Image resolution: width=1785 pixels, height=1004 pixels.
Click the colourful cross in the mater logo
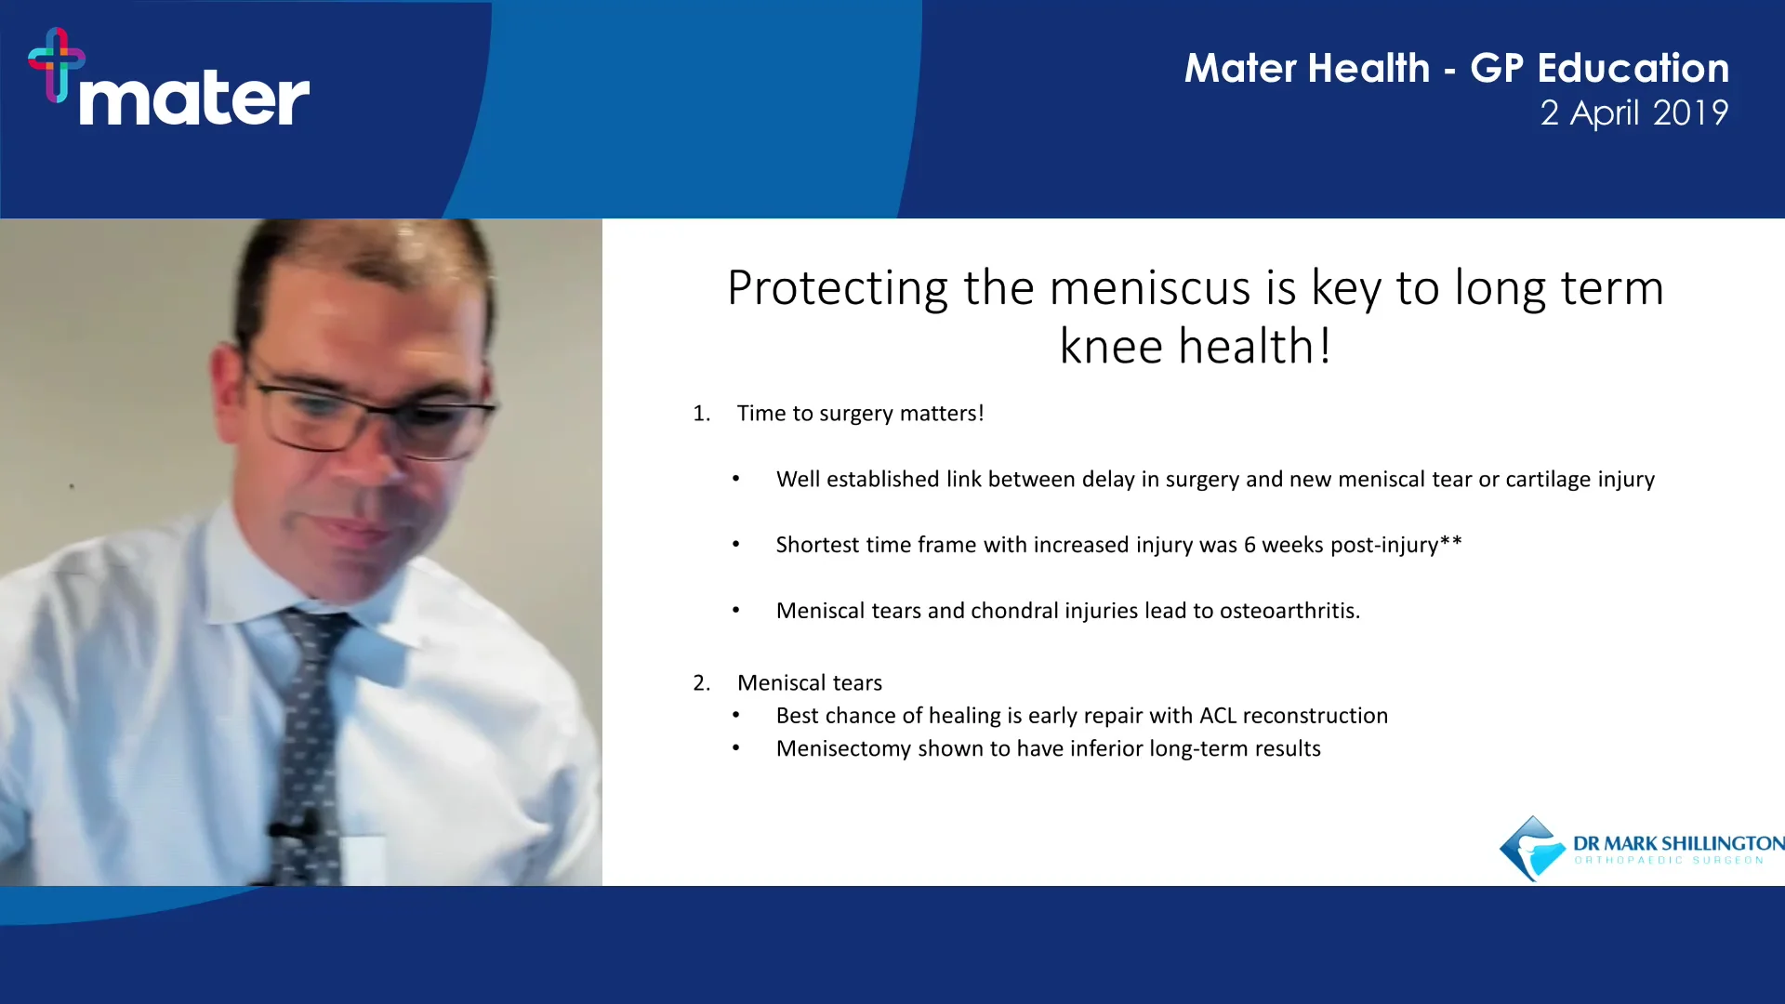click(57, 63)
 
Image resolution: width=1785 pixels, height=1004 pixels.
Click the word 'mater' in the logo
click(193, 99)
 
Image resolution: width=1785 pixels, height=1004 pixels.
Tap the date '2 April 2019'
click(1633, 113)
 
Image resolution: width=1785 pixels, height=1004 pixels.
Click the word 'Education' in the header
click(1633, 69)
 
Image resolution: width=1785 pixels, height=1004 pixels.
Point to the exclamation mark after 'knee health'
click(1325, 347)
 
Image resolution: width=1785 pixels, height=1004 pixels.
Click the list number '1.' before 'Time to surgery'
click(701, 414)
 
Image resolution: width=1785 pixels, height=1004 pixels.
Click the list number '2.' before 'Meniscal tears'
click(701, 683)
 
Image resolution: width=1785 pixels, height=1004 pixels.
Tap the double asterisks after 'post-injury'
click(1451, 542)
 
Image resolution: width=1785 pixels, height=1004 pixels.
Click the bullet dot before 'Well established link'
click(735, 480)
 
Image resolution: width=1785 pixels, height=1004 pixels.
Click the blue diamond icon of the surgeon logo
click(1532, 848)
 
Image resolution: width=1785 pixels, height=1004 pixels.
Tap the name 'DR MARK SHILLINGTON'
click(1678, 843)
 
